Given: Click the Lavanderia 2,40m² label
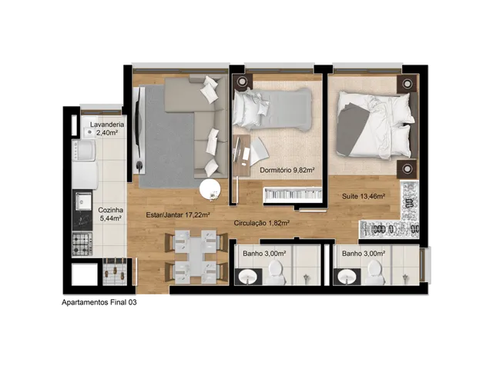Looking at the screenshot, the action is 107,128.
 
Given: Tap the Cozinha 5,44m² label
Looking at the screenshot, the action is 111,214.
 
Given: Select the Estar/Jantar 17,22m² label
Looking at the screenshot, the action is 178,215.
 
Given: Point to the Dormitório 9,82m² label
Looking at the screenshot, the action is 287,170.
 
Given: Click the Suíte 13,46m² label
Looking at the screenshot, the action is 364,197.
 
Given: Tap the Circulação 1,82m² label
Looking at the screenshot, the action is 262,223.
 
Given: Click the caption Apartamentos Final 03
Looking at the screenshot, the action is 99,302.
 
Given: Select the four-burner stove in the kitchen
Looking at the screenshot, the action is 82,244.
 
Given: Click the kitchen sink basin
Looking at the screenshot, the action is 83,200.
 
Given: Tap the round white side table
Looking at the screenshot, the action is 210,190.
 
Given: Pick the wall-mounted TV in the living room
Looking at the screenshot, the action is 137,129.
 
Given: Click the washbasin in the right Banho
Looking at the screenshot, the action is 347,277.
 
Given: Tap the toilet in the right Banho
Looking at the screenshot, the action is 375,272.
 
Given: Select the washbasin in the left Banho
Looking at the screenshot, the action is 248,277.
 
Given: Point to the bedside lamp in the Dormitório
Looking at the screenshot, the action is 243,82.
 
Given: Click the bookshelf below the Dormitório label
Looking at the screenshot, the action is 293,194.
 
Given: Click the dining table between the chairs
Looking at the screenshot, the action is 196,258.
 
